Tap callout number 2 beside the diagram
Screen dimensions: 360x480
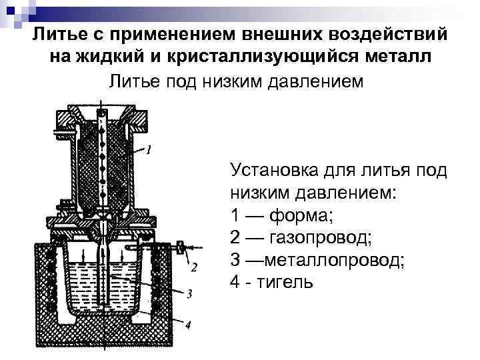pyautogui.click(x=194, y=267)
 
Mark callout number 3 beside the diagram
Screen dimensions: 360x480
pyautogui.click(x=190, y=293)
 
